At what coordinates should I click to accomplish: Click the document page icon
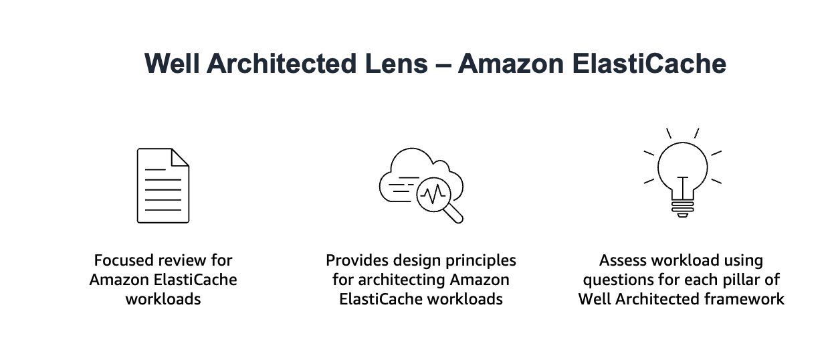click(x=163, y=185)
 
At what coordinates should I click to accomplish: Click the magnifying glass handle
click(x=454, y=213)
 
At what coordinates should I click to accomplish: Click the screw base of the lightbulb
click(x=682, y=209)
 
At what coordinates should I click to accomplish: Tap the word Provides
click(x=356, y=260)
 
